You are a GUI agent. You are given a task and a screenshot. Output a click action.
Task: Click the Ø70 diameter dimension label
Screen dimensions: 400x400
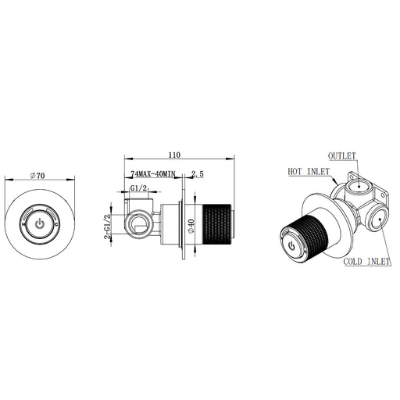coord(37,176)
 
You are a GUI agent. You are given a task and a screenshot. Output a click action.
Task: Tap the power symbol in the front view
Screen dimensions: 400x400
coord(40,224)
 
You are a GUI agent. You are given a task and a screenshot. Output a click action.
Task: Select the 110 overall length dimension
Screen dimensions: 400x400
coord(174,155)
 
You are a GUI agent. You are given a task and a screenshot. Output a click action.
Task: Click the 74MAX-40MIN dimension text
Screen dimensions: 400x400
coord(153,173)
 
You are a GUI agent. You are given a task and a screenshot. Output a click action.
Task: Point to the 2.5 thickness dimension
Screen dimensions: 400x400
coord(198,173)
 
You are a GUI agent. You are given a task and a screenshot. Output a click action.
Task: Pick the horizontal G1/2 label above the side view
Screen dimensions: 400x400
coord(139,188)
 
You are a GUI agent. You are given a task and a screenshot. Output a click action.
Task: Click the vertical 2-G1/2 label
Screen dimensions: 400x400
coord(107,227)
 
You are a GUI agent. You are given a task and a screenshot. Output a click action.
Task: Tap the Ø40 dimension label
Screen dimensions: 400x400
coord(191,226)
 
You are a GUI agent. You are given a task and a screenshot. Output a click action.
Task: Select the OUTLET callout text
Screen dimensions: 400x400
coord(341,156)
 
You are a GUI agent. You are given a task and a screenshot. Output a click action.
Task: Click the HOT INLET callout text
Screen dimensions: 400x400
coord(309,172)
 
